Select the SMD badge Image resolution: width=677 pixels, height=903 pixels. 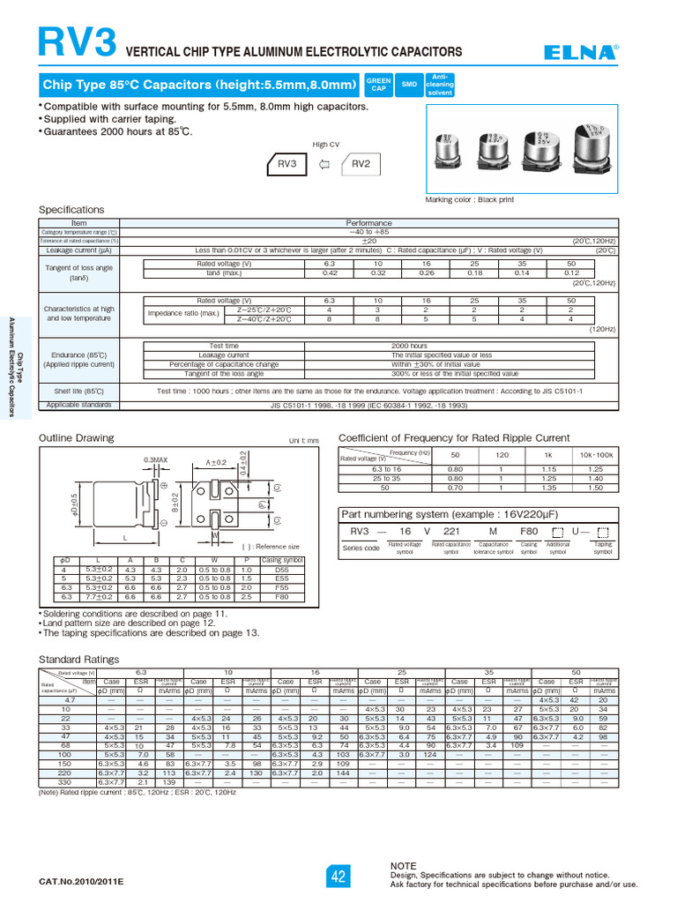tap(409, 85)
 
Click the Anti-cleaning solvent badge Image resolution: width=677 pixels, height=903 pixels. tap(440, 85)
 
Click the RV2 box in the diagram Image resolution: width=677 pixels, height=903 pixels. tap(361, 164)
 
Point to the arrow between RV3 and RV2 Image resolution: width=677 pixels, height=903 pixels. tap(324, 164)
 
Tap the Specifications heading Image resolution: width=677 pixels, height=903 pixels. tap(71, 210)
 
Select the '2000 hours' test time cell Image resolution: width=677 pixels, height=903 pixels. tap(409, 347)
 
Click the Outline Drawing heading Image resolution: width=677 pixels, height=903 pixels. tap(77, 438)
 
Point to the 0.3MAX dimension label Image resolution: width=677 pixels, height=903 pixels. tap(156, 459)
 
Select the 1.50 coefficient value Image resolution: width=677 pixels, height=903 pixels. tap(595, 487)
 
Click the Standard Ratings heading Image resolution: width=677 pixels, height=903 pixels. tap(78, 659)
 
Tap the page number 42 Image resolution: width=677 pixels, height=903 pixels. tap(338, 877)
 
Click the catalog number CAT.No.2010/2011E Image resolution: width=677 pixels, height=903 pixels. tap(82, 881)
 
